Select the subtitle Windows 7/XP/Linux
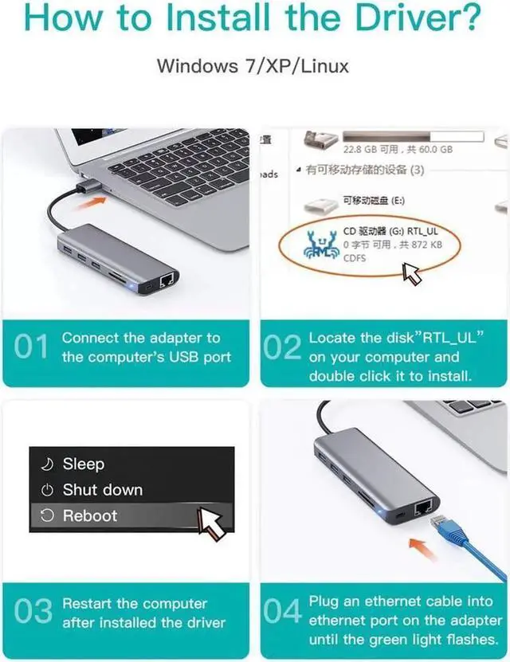coord(253,65)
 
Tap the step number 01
coord(33,348)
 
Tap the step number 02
coord(282,348)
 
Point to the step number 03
coord(33,613)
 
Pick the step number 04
coord(282,613)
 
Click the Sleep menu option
coord(84,464)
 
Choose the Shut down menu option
coord(102,489)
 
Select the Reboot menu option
coord(89,515)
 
